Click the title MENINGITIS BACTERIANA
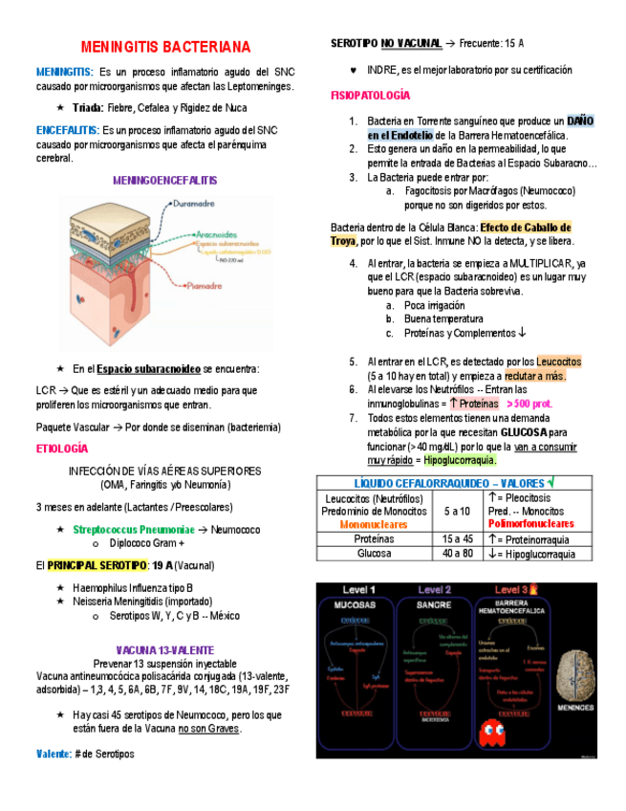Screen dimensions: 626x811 click(165, 47)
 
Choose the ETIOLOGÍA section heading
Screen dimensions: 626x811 click(61, 448)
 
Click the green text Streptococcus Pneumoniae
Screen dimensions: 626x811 click(132, 530)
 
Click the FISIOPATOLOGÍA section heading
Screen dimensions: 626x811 click(370, 96)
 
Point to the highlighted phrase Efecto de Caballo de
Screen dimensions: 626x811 click(526, 228)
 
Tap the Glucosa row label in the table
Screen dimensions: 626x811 click(374, 554)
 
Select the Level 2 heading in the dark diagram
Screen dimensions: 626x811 click(435, 590)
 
